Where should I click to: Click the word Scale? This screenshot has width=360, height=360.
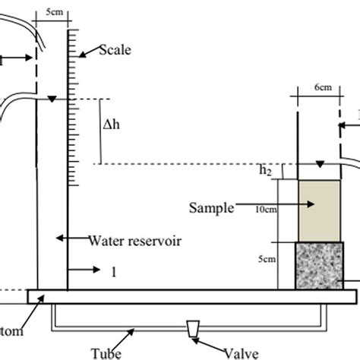click(115, 52)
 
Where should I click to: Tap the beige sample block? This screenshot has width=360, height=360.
click(319, 210)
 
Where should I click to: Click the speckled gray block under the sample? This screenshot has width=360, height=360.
click(319, 265)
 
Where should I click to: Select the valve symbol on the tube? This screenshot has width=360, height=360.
click(193, 330)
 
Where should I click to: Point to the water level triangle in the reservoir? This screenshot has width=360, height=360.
click(51, 99)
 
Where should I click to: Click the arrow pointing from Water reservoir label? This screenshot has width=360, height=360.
click(70, 238)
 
